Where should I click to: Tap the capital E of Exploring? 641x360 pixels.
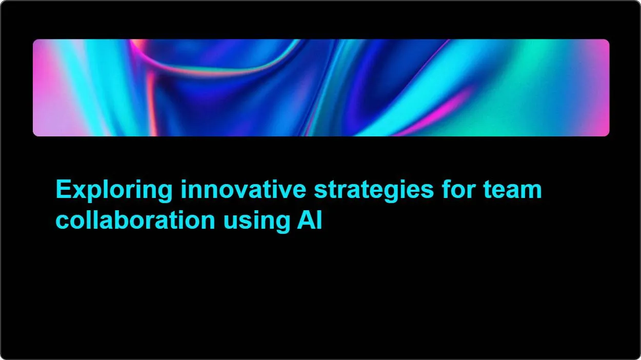coord(62,189)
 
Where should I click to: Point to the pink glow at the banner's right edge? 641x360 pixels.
coord(603,87)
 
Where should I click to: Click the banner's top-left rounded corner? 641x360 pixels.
coord(35,42)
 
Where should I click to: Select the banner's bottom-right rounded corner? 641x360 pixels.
coord(607,134)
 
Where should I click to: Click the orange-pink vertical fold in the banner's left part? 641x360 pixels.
coord(152,97)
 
